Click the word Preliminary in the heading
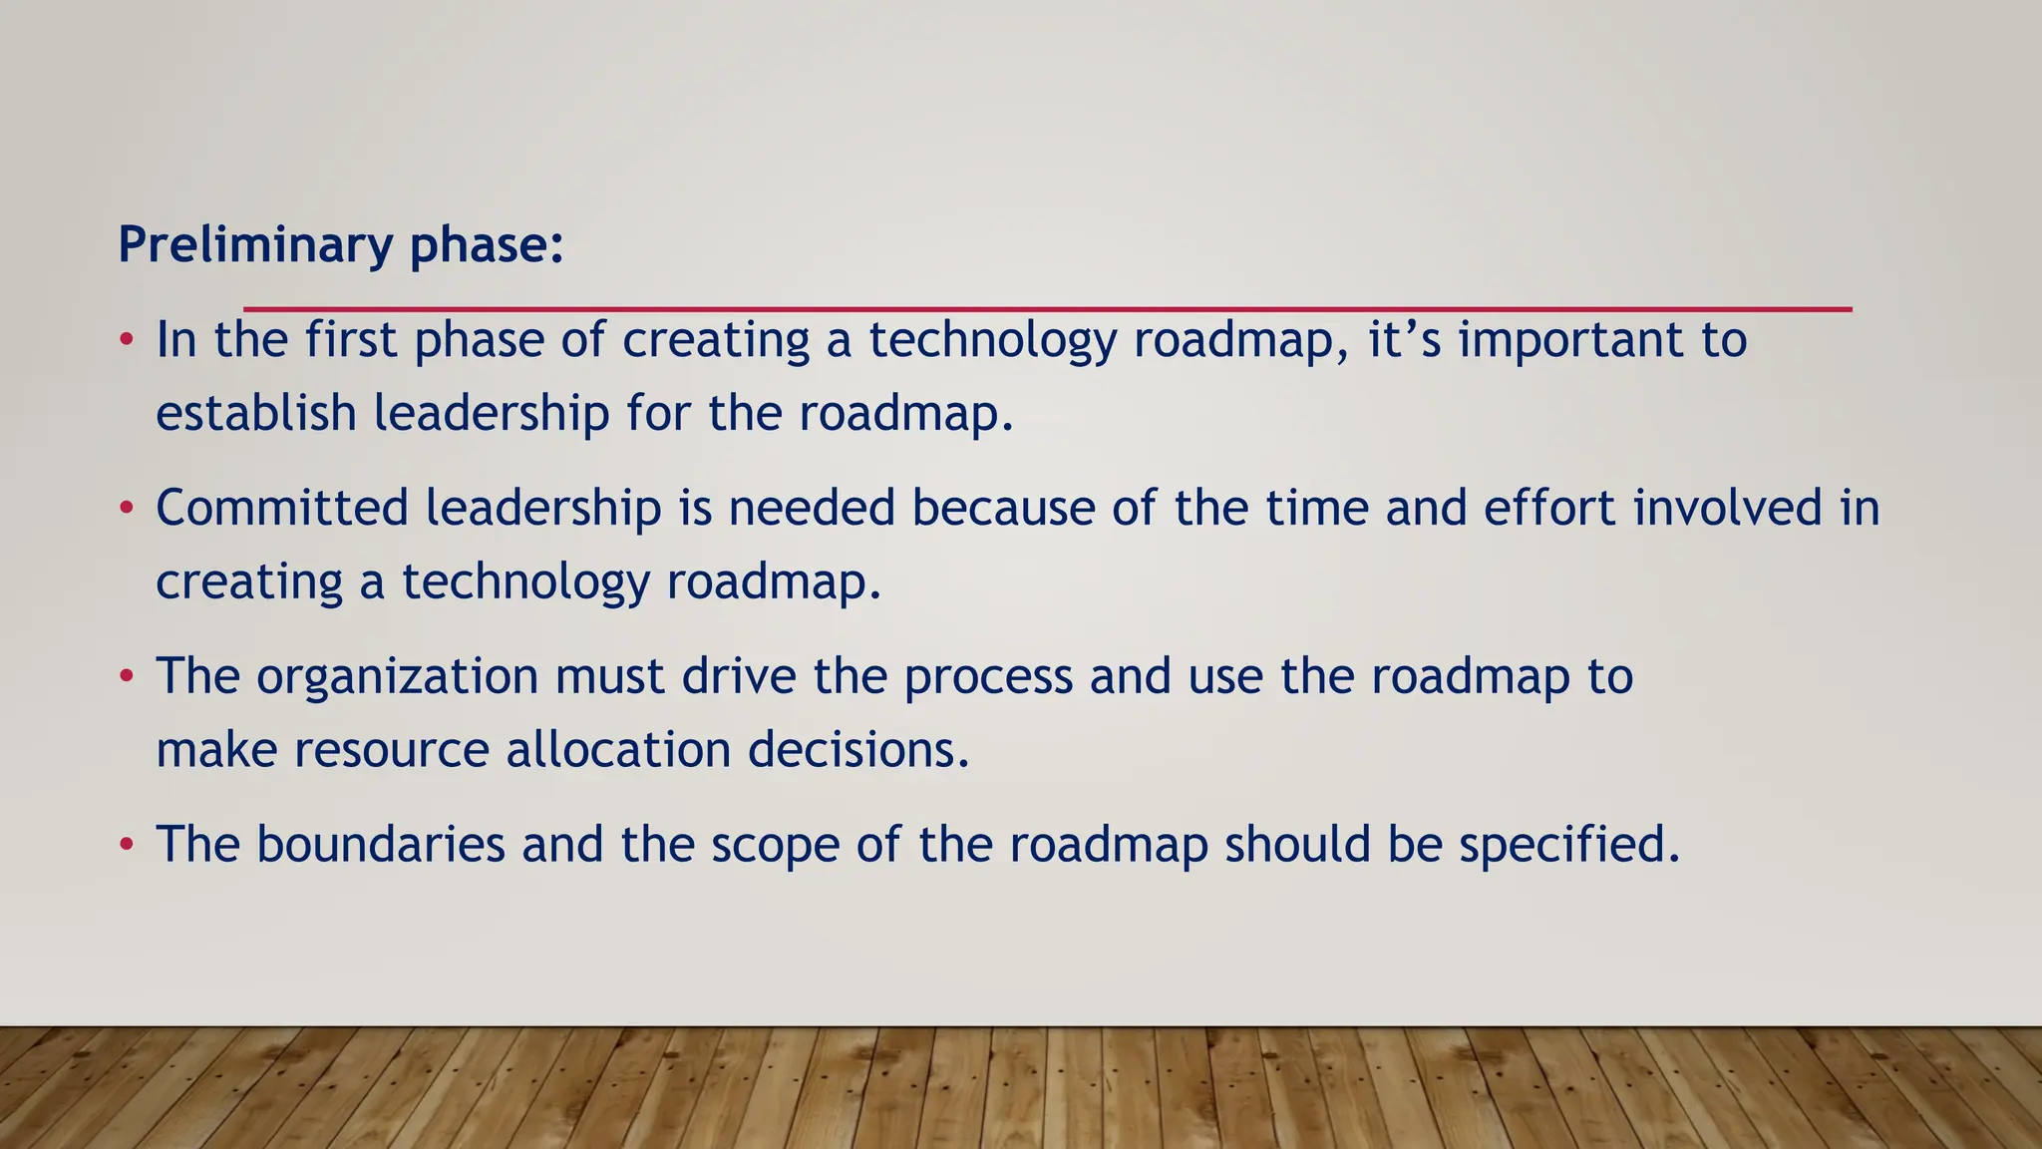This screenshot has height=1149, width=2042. click(255, 245)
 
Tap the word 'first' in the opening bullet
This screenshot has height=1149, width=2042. click(351, 339)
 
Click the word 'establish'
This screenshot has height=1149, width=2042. click(256, 413)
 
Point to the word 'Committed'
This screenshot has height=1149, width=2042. click(282, 508)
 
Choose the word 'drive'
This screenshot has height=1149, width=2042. click(739, 676)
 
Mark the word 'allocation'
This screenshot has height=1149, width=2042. click(618, 750)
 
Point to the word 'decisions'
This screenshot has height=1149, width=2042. click(857, 750)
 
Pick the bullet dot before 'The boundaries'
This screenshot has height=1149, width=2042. click(127, 846)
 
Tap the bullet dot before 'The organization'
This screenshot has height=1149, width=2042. click(127, 677)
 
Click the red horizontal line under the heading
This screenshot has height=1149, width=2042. click(1047, 309)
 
